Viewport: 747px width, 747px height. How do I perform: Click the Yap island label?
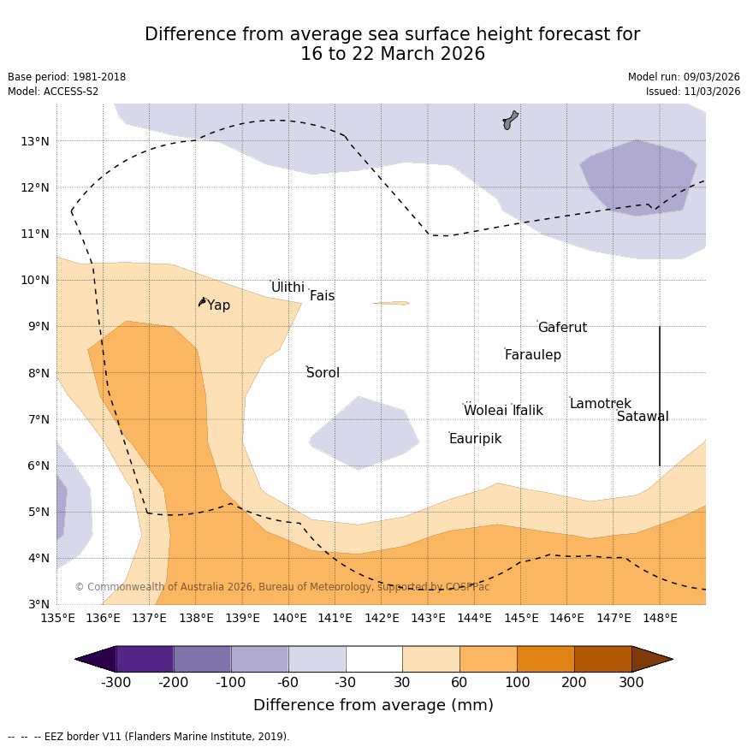tap(218, 305)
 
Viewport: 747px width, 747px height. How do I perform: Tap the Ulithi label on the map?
tap(288, 288)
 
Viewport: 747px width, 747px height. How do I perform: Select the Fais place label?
tap(322, 296)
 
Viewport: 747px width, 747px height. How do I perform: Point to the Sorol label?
tap(323, 373)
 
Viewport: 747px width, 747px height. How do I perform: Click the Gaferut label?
tap(562, 328)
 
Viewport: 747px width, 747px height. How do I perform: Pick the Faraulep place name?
tap(532, 355)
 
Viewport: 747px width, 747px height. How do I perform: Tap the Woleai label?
tap(485, 411)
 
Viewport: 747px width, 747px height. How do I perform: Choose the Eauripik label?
tap(475, 439)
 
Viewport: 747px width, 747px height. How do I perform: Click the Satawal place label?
tap(643, 417)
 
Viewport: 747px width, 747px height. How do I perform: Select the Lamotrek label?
tap(600, 404)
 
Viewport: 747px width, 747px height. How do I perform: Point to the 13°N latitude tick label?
tap(34, 141)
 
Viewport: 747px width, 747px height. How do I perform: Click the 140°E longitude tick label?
tap(289, 618)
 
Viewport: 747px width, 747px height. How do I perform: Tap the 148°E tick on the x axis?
tap(660, 618)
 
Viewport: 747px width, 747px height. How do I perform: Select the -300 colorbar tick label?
tap(116, 682)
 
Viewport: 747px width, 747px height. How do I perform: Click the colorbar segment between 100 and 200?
tap(545, 659)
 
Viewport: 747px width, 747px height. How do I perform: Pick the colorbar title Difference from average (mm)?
tap(373, 705)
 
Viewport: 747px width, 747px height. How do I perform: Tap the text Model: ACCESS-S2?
tap(53, 92)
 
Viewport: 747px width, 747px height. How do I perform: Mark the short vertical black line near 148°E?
tap(659, 395)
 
